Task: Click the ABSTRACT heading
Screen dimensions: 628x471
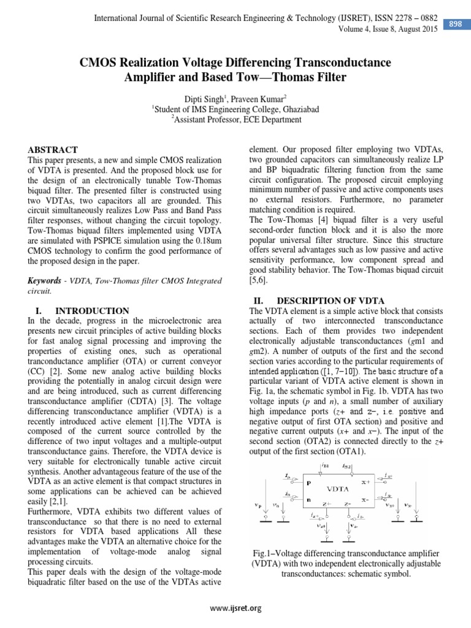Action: pos(53,150)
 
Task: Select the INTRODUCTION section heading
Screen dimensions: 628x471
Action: pos(92,311)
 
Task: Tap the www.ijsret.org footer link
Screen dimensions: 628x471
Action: pos(235,608)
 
